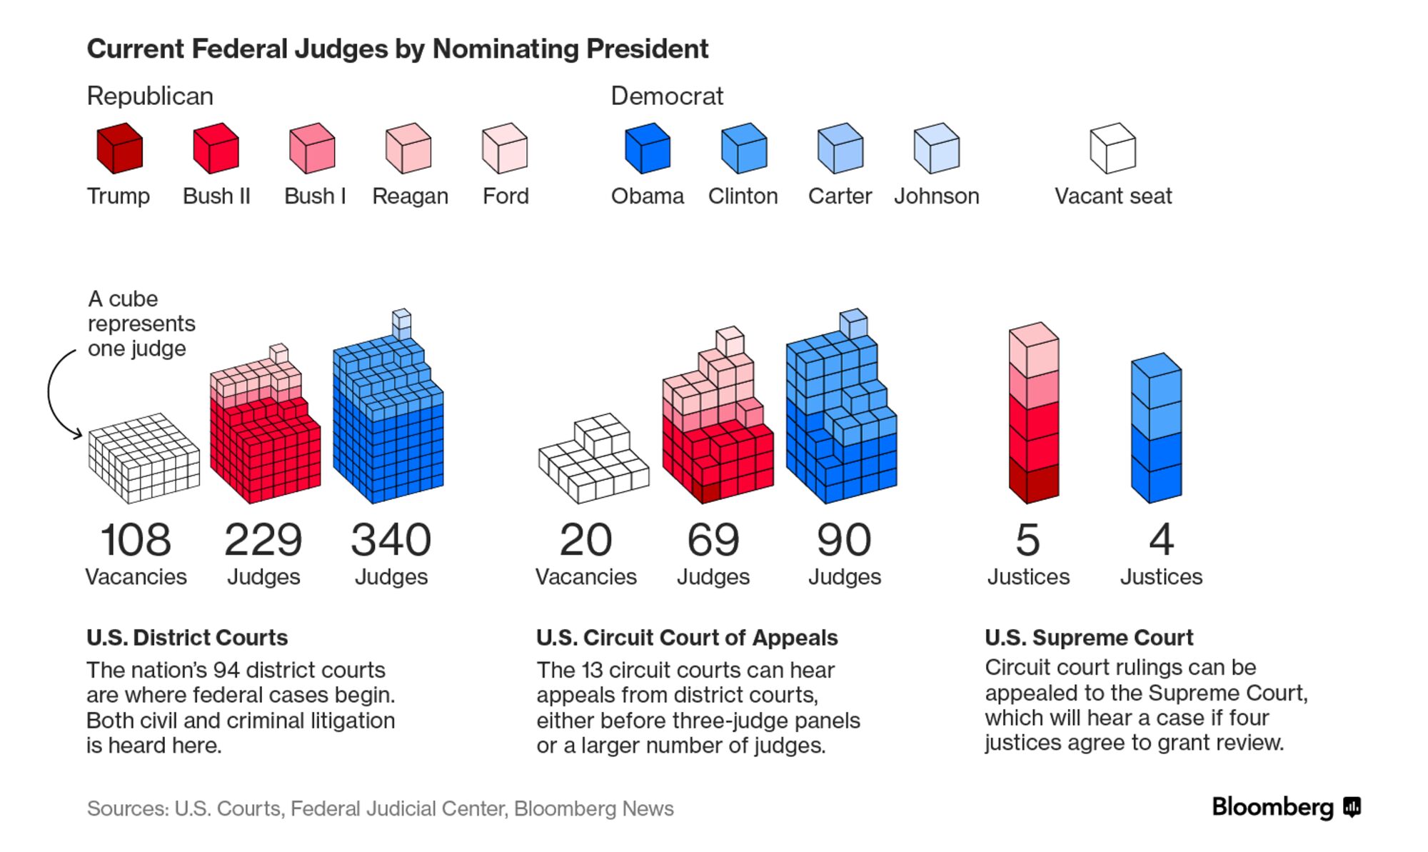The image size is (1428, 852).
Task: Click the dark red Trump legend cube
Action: [119, 149]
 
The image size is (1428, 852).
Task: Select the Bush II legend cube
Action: [216, 149]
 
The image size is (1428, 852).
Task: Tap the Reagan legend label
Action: [410, 196]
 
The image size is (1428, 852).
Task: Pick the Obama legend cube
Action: [648, 149]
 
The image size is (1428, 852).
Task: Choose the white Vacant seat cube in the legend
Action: [1112, 149]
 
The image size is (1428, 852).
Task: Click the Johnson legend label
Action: [936, 196]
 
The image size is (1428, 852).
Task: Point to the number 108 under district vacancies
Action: [136, 540]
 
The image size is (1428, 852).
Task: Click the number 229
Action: [263, 540]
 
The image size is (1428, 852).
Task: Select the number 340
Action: [391, 540]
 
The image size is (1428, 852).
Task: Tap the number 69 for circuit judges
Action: [713, 540]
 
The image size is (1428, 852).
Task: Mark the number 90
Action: [844, 540]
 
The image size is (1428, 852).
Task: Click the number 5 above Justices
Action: [1027, 540]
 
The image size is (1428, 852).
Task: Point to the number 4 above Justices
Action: [1161, 540]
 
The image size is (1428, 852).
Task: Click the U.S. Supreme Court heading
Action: [1089, 637]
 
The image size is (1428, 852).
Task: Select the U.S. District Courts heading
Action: [187, 637]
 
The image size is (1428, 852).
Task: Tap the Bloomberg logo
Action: [1286, 808]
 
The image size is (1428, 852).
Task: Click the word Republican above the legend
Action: [150, 96]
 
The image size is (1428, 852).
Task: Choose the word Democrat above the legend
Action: [667, 96]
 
